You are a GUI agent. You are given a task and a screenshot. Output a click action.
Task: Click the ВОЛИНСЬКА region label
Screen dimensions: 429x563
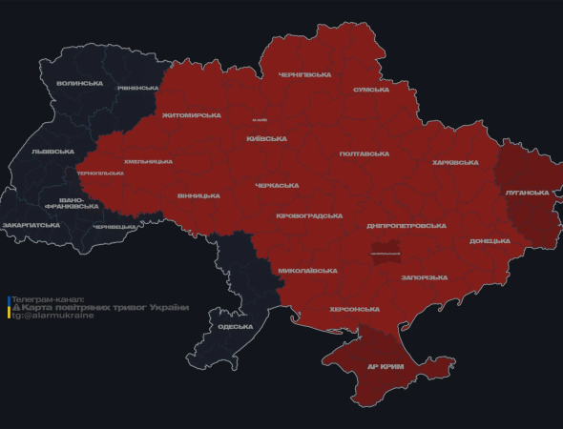[80, 83]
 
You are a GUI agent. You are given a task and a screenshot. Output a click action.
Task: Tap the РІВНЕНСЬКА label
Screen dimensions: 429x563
[138, 88]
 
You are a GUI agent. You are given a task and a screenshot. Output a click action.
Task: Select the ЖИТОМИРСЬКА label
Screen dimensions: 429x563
[191, 115]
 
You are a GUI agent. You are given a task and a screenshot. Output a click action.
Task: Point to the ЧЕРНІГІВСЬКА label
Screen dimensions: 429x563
[304, 74]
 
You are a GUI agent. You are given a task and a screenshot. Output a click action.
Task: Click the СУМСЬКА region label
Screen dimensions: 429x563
[370, 90]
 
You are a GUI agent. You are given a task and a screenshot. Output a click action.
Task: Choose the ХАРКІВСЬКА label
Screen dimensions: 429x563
[454, 163]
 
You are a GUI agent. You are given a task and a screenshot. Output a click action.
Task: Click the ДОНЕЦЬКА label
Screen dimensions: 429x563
[491, 241]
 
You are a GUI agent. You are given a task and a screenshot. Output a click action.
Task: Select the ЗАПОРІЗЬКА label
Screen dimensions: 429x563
[424, 277]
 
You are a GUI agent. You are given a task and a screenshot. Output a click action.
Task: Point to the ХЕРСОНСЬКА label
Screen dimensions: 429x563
[354, 309]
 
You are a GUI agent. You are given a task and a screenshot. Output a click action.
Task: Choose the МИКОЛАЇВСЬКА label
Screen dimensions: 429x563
[307, 271]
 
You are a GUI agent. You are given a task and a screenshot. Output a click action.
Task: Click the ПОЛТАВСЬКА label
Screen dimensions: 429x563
[364, 153]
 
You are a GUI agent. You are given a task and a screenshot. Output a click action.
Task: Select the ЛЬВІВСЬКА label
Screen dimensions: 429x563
[52, 152]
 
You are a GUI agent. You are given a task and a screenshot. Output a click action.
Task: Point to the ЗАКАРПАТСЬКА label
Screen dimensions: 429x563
[31, 225]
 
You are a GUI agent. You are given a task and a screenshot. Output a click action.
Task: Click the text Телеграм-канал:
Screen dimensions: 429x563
[48, 298]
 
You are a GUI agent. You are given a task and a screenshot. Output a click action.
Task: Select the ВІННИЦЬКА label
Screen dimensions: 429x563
[198, 196]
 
